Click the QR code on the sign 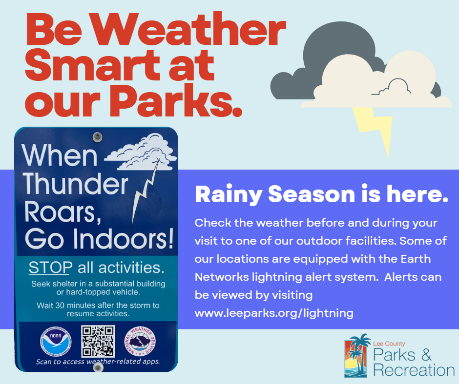click(x=98, y=342)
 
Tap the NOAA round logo click(x=56, y=342)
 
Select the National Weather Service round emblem click(x=140, y=341)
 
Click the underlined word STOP click(x=50, y=268)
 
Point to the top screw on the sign click(x=97, y=136)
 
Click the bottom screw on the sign click(x=98, y=367)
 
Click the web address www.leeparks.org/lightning click(x=274, y=313)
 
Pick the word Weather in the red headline click(x=189, y=30)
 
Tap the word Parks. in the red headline click(x=176, y=100)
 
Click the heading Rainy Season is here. click(x=321, y=194)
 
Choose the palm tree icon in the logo click(x=356, y=355)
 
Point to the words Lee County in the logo click(x=389, y=344)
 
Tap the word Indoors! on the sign click(x=123, y=239)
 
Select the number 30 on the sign click(x=60, y=306)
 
